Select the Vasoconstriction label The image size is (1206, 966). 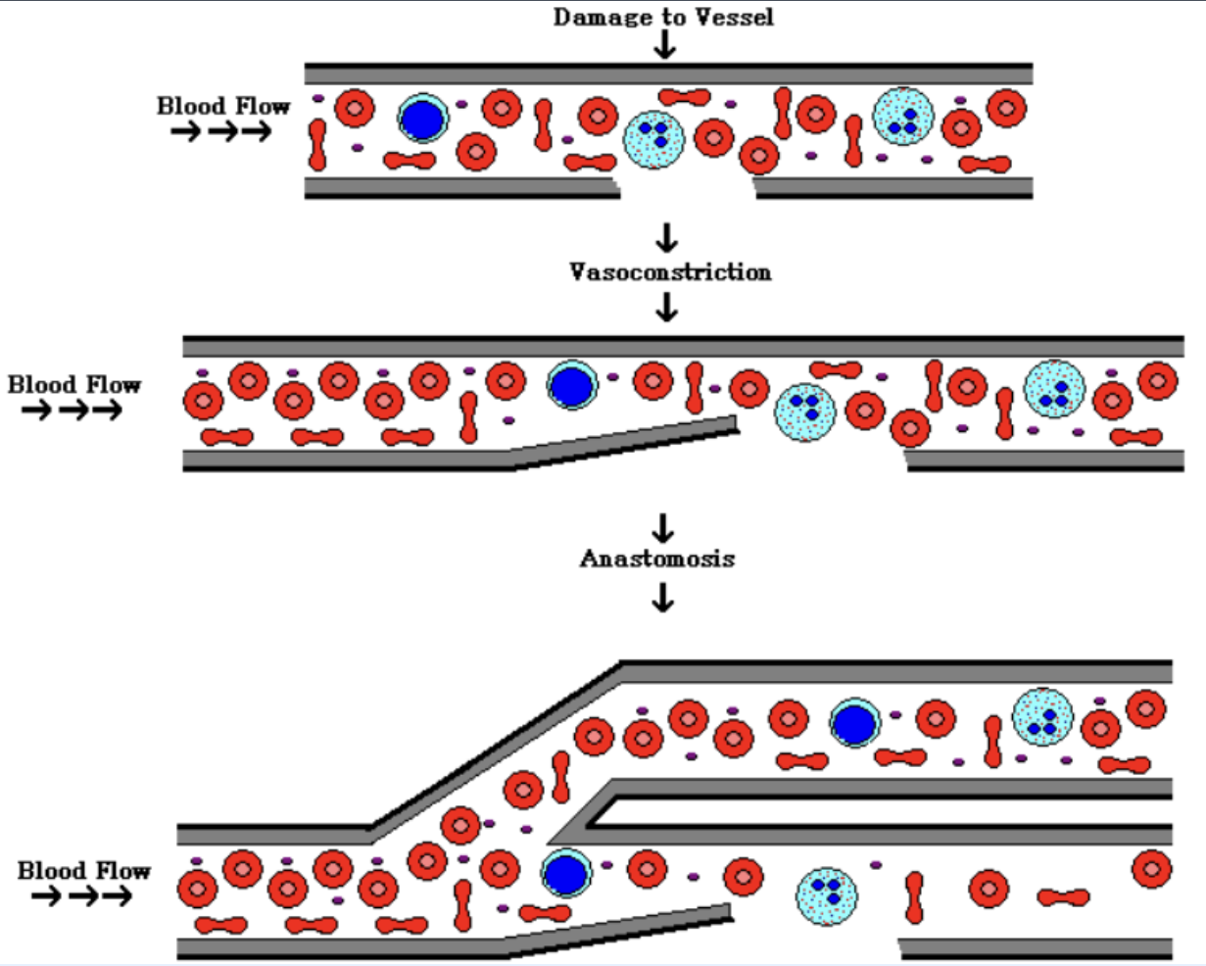coord(670,271)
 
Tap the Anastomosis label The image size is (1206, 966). coord(657,558)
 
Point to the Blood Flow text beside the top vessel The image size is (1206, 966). coord(223,106)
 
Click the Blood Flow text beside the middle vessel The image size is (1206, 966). coord(74,385)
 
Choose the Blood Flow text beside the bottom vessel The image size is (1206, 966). coord(84,870)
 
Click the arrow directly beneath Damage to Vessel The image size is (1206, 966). coord(665,44)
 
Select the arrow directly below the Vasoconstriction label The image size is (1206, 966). coord(666,309)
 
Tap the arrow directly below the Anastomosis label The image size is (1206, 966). coord(663,597)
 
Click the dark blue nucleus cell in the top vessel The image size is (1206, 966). coord(423,120)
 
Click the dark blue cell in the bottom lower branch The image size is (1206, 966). coord(563,873)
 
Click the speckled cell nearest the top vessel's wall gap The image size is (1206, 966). coord(653,136)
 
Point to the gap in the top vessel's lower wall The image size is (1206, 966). coord(687,186)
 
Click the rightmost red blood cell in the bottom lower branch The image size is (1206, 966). coord(1151,868)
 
